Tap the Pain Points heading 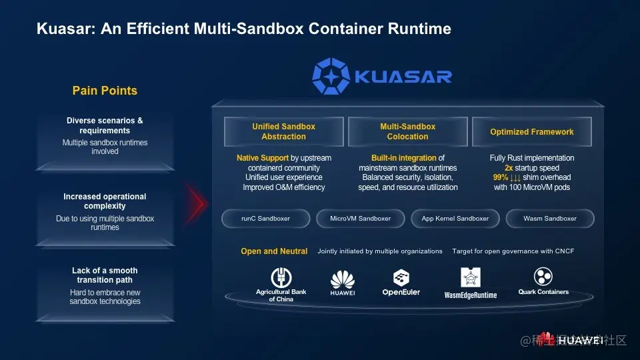click(105, 91)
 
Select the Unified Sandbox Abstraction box click(283, 131)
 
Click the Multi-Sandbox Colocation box click(407, 131)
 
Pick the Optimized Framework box click(531, 132)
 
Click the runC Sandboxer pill click(265, 218)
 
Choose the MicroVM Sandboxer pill click(360, 218)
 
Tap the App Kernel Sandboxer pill click(455, 218)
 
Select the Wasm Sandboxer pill click(550, 218)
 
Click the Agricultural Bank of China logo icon click(281, 277)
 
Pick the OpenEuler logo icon click(401, 277)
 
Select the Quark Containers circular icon click(543, 277)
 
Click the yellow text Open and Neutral click(274, 251)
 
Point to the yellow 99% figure click(501, 177)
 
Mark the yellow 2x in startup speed click(509, 168)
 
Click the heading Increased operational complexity click(105, 201)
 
